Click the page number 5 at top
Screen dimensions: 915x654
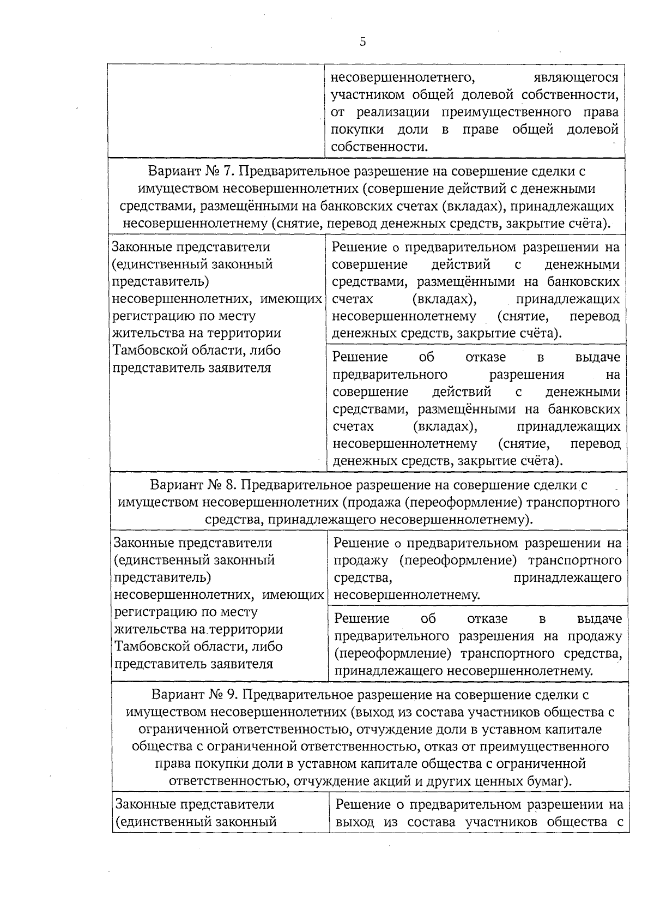tap(362, 43)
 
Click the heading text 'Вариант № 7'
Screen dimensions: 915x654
tap(191, 171)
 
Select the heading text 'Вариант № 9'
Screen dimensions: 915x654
tap(195, 695)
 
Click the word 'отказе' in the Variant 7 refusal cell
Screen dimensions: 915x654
tap(486, 358)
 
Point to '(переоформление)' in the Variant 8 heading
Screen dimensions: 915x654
tap(462, 502)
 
